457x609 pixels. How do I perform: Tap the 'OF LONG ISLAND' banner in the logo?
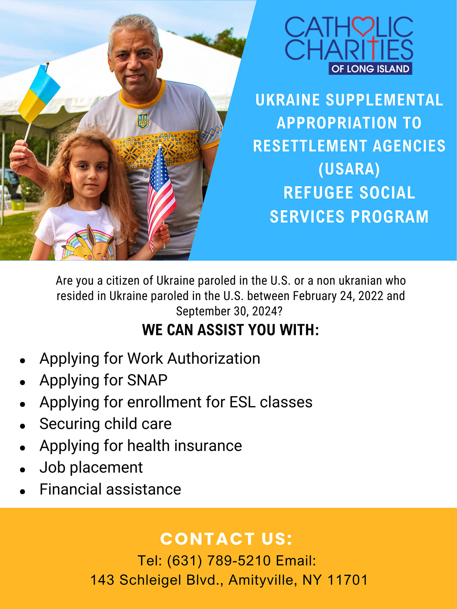pyautogui.click(x=371, y=69)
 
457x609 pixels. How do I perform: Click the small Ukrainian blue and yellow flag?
pyautogui.click(x=39, y=93)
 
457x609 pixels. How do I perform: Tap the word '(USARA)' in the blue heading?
pyautogui.click(x=349, y=169)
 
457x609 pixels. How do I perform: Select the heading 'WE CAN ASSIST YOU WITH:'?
pyautogui.click(x=230, y=330)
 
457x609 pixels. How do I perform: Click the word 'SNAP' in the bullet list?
pyautogui.click(x=147, y=380)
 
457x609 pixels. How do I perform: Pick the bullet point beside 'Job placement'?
pyautogui.click(x=23, y=470)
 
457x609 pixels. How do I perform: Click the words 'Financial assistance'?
pyautogui.click(x=110, y=489)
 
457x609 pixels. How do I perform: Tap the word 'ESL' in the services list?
pyautogui.click(x=242, y=402)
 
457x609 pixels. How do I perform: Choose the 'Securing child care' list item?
pyautogui.click(x=106, y=424)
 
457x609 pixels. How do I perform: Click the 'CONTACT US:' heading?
pyautogui.click(x=227, y=539)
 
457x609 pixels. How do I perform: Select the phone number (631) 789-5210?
pyautogui.click(x=219, y=561)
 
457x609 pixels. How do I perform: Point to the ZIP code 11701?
pyautogui.click(x=348, y=580)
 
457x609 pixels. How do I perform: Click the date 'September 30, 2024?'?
pyautogui.click(x=229, y=311)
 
